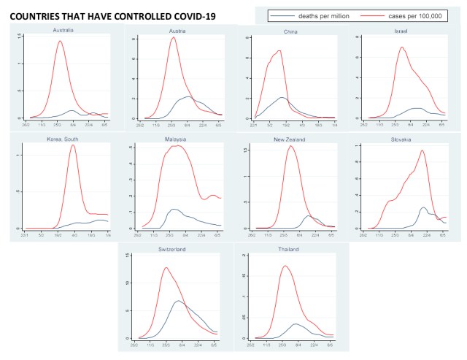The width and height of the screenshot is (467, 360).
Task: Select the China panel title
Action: [x=289, y=32]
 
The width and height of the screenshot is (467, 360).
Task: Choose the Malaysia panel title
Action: [x=175, y=139]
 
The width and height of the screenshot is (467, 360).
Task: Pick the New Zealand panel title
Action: [x=289, y=139]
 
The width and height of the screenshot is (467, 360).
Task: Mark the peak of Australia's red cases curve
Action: [x=61, y=41]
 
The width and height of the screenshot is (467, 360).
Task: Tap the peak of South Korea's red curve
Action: [x=73, y=145]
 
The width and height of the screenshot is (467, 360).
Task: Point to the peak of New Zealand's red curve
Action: [x=290, y=146]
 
